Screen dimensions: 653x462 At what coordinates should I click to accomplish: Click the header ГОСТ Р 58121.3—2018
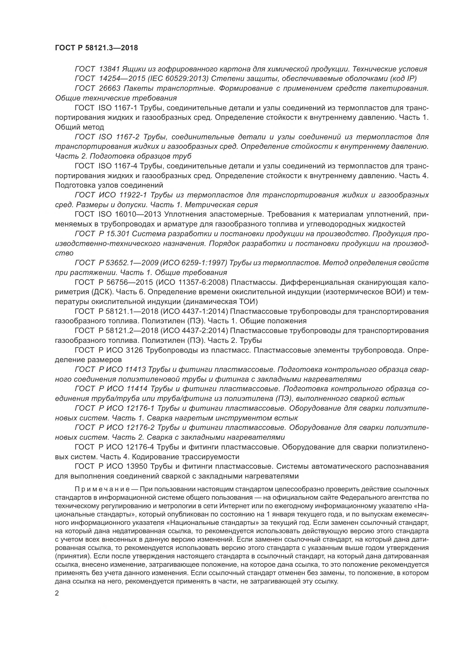point(96,48)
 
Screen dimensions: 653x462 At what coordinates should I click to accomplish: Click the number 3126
point(134,350)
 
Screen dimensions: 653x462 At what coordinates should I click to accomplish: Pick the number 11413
point(135,369)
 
